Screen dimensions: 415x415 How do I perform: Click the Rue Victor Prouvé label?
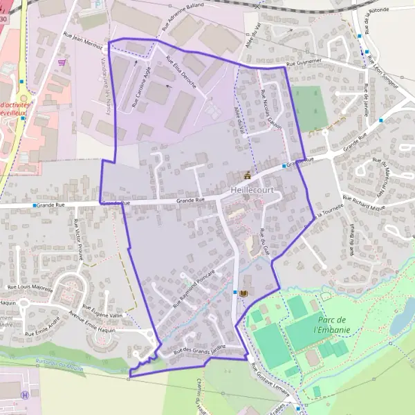(76, 237)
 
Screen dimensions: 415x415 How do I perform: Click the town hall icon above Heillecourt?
(247, 174)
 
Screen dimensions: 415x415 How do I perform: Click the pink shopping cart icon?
(63, 62)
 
